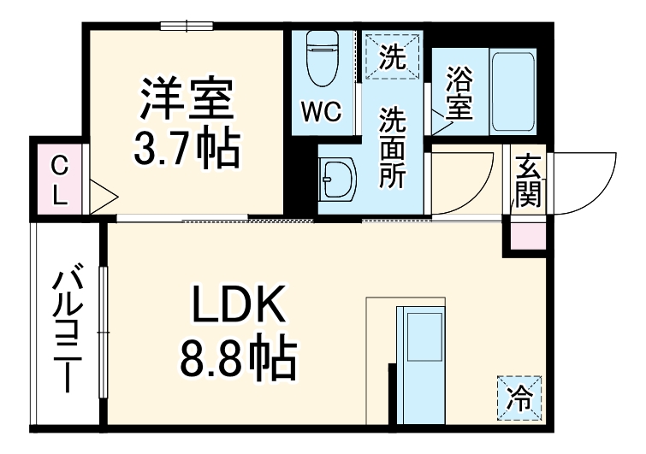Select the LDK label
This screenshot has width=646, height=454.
click(x=236, y=306)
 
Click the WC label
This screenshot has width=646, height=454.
click(x=321, y=110)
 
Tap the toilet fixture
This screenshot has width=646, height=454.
click(x=322, y=60)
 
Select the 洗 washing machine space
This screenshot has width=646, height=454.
click(x=392, y=57)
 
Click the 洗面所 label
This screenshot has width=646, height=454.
click(x=394, y=150)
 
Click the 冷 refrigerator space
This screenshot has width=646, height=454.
click(x=519, y=397)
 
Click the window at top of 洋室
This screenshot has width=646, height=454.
click(x=187, y=26)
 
